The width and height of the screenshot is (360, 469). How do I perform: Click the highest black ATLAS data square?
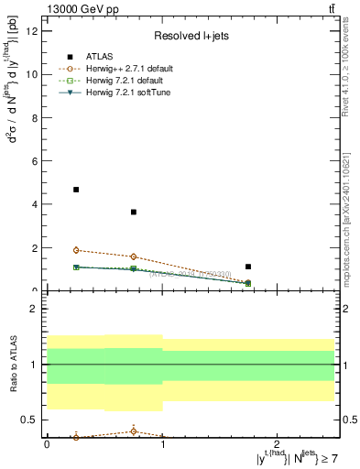click(76, 190)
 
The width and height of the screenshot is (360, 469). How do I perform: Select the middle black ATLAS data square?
click(134, 213)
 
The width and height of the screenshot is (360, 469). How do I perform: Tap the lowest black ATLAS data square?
click(248, 267)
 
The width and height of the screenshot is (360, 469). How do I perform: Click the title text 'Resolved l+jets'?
click(190, 38)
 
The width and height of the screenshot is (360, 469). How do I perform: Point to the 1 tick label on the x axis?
click(162, 443)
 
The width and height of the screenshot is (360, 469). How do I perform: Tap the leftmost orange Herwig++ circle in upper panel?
click(76, 250)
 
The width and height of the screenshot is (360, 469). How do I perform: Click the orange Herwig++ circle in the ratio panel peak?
click(134, 431)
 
